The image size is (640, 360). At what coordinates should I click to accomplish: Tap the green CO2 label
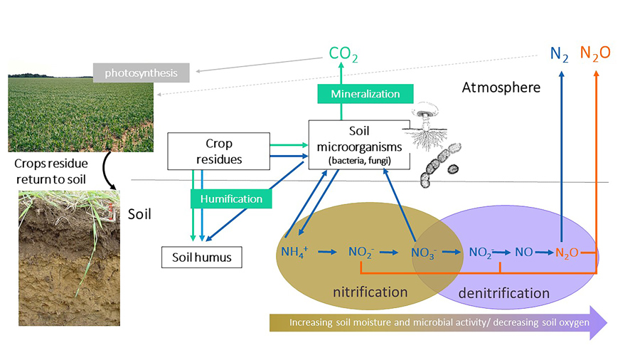[343, 53]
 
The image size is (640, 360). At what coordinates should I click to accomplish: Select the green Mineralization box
[364, 93]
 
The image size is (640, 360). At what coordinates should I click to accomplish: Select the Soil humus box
[202, 257]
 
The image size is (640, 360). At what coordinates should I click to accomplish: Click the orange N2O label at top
[595, 53]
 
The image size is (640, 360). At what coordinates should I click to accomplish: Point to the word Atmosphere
[501, 88]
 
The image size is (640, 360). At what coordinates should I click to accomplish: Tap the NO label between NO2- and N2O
[523, 251]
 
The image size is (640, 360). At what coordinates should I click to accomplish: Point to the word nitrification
[370, 291]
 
